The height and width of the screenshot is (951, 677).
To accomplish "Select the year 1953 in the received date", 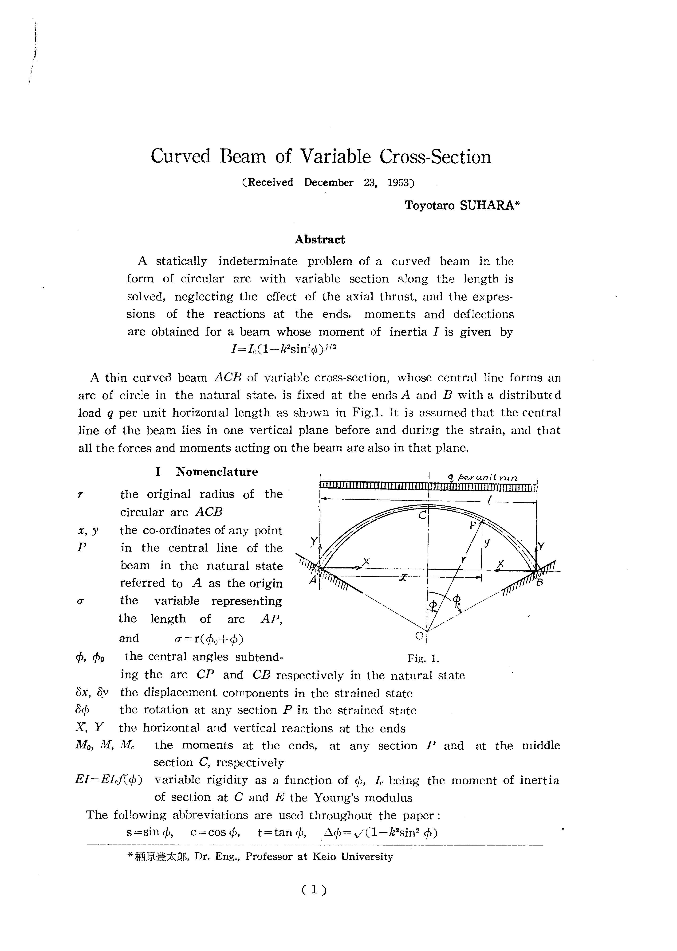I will click(399, 183).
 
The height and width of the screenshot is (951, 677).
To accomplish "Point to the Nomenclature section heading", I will click(217, 472).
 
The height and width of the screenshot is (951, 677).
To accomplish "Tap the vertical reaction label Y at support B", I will click(541, 546).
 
